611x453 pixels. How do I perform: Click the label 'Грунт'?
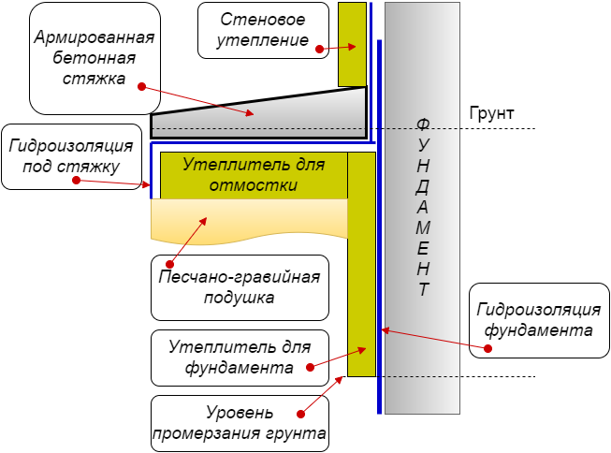coord(491,113)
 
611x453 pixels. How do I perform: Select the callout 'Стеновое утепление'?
coord(263,30)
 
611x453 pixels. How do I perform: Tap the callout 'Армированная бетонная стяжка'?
coord(95,58)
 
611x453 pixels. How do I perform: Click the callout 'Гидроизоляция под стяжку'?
coord(71,156)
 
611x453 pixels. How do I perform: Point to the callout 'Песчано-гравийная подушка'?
coord(240,287)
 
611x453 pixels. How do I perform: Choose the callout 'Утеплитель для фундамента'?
coord(240,358)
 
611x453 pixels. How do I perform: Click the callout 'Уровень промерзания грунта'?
coord(240,423)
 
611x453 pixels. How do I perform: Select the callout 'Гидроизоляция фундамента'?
coord(539,320)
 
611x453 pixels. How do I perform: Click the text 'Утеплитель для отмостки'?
coord(254,175)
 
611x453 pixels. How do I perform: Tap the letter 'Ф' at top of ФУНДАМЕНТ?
coord(423,124)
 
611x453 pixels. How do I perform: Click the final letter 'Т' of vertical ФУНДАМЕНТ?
coord(424,289)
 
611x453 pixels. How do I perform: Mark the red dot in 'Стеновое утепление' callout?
coord(319,49)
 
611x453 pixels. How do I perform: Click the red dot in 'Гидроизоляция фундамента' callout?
coord(487,348)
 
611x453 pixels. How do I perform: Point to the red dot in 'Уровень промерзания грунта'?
coord(300,414)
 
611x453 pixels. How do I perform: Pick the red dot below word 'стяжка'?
coord(142,86)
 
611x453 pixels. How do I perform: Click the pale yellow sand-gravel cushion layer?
coord(249,221)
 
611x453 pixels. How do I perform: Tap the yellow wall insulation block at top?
coord(352,44)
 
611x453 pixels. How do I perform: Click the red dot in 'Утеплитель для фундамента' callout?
coord(310,367)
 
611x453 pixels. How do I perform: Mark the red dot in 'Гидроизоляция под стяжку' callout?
coord(77,180)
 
